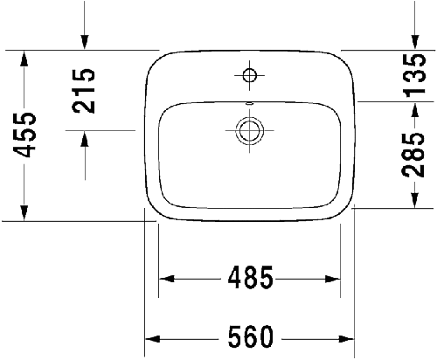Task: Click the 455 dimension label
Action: [x=24, y=135]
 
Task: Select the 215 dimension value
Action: [x=84, y=91]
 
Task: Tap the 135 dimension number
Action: [x=414, y=75]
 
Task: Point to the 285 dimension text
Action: [x=413, y=155]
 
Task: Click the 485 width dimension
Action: [x=251, y=277]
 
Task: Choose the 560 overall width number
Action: [x=251, y=336]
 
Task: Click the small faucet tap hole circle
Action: [x=250, y=75]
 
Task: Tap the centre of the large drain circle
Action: [x=250, y=130]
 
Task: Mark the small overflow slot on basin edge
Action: [x=250, y=103]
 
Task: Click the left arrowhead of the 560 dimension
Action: [x=152, y=339]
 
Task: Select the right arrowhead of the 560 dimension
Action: [x=346, y=339]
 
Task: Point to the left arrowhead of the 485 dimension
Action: [x=166, y=279]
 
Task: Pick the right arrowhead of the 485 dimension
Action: [x=333, y=279]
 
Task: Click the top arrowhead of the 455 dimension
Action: [x=24, y=59]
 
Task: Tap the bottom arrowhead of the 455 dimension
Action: [x=24, y=213]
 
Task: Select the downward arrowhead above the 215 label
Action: [x=85, y=42]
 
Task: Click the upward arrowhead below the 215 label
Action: [x=85, y=138]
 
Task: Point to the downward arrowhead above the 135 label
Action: [x=415, y=42]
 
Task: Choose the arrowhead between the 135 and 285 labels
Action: [x=415, y=110]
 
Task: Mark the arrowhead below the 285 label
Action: [x=415, y=200]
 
